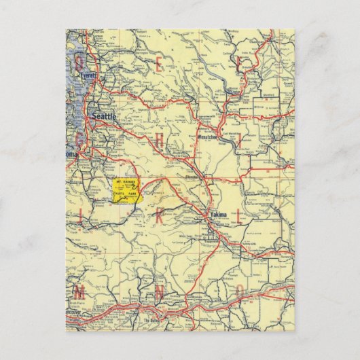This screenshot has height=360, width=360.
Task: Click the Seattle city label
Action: [104, 117]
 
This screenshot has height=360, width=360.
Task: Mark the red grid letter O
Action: [239, 293]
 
